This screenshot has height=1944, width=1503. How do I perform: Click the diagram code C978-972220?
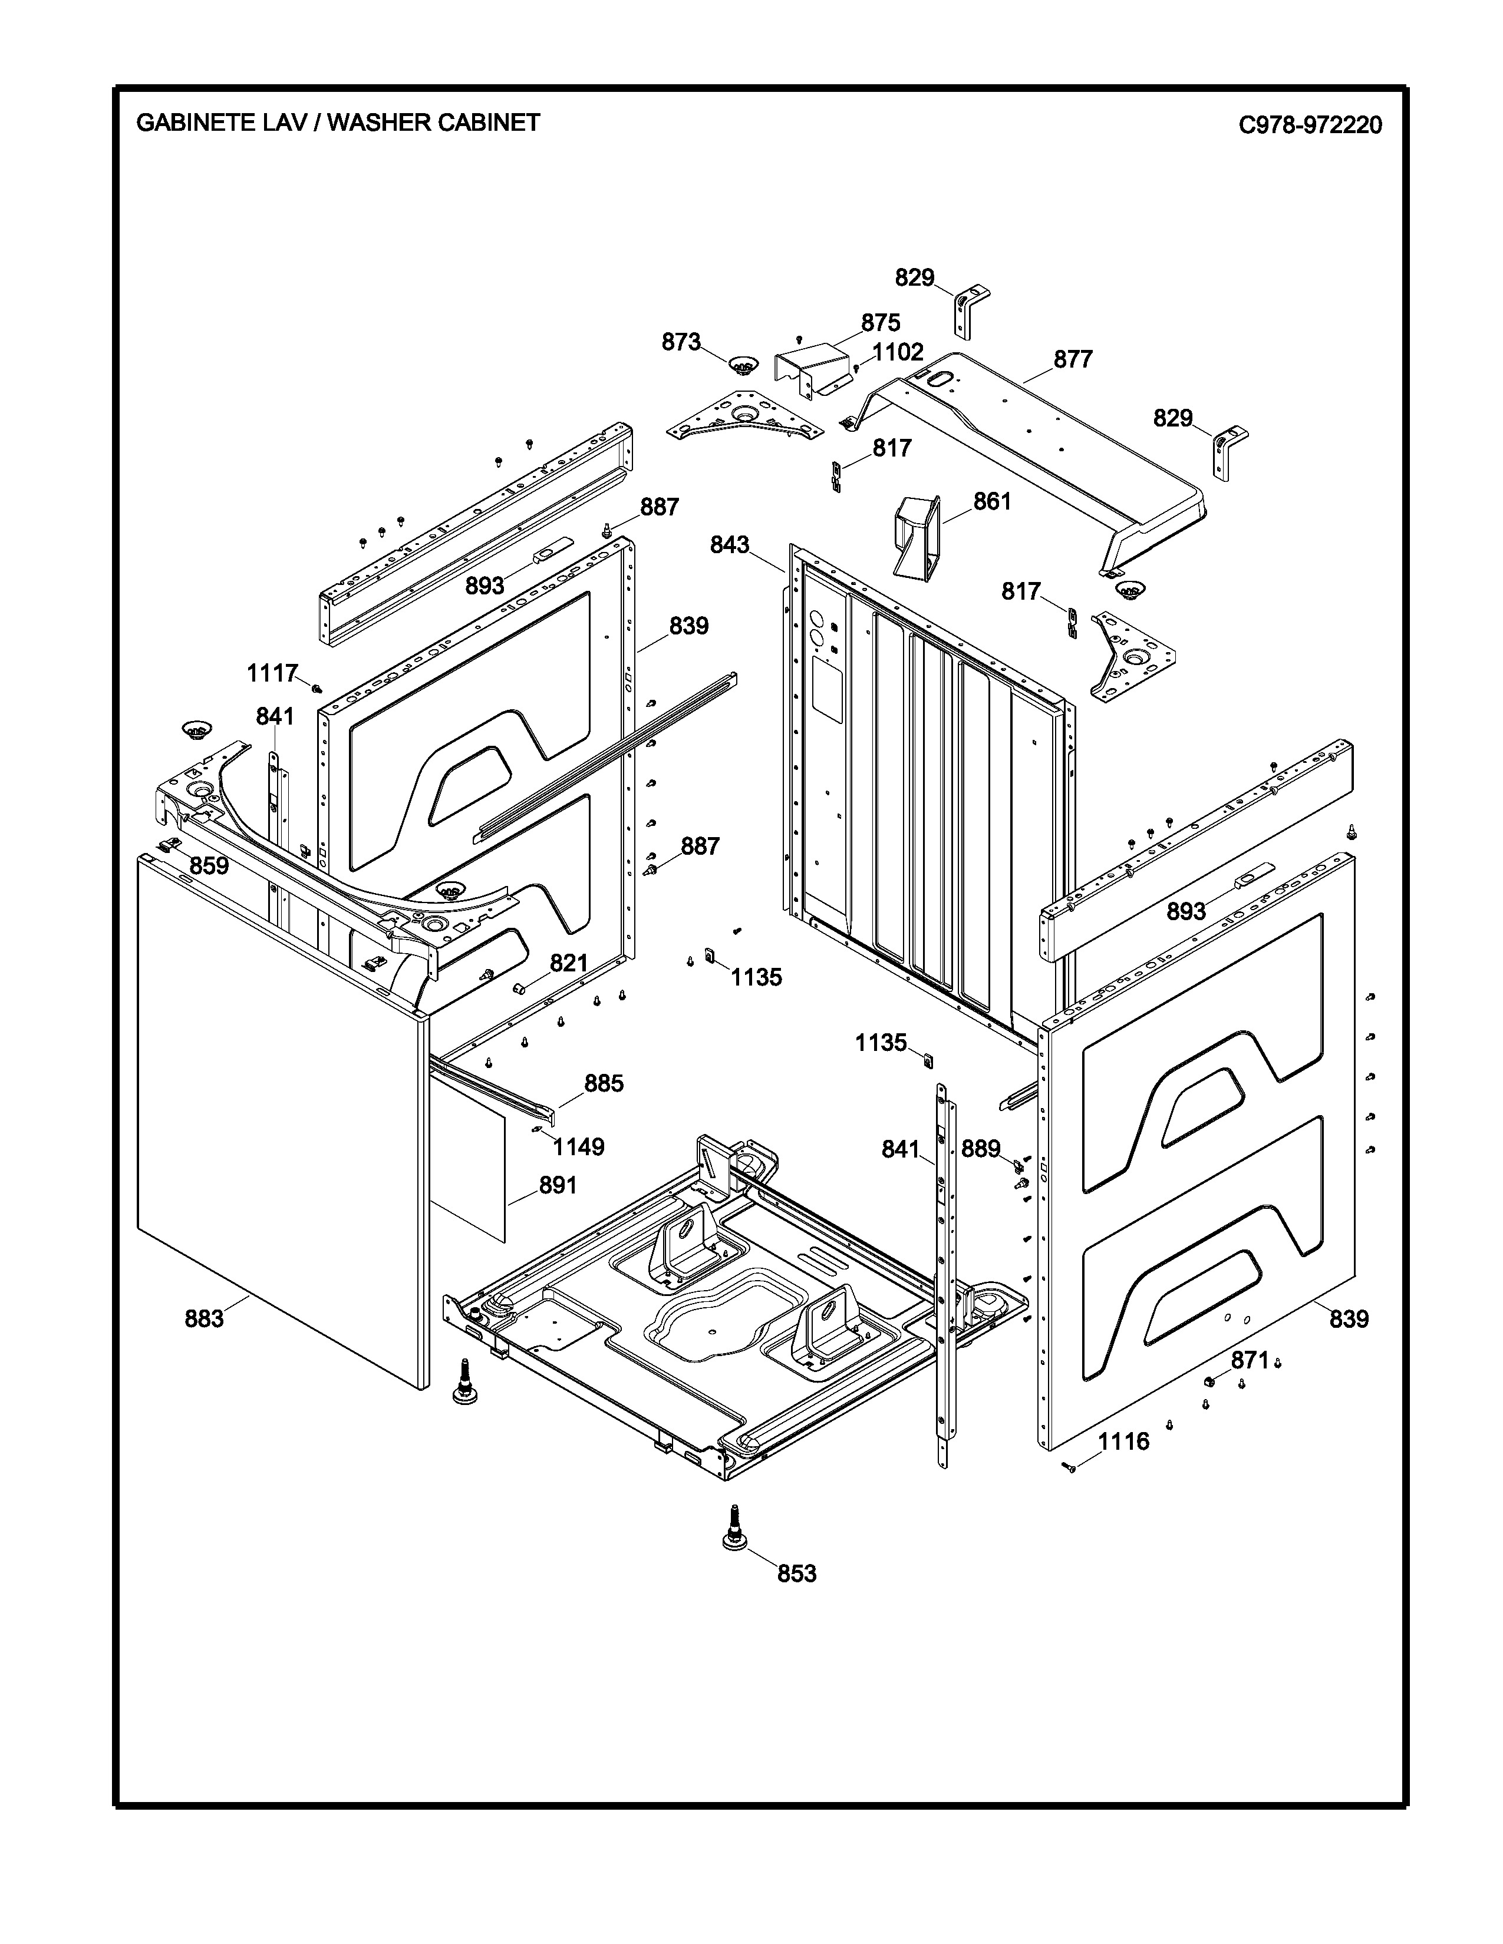[x=1310, y=125]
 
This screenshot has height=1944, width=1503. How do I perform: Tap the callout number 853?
[x=796, y=1573]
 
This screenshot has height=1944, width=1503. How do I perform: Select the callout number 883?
[x=204, y=1319]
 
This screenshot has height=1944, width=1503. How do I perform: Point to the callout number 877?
[x=1073, y=359]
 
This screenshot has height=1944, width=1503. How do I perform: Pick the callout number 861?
[x=992, y=502]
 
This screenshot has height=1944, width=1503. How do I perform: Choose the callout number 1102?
[x=898, y=352]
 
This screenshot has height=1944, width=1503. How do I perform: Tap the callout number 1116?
[x=1123, y=1441]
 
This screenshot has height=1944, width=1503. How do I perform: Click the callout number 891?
[x=558, y=1186]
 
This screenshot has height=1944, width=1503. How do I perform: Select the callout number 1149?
[x=578, y=1148]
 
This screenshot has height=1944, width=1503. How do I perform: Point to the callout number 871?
[x=1249, y=1360]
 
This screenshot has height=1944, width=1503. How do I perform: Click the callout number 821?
[x=568, y=963]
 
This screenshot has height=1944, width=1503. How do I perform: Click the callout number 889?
[x=980, y=1149]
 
